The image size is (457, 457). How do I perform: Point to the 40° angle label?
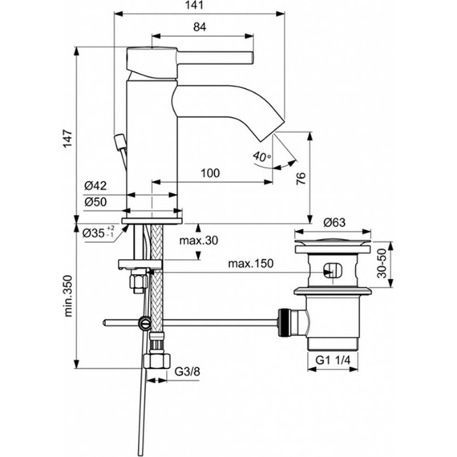click(x=261, y=155)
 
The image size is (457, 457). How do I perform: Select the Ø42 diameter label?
click(x=95, y=186)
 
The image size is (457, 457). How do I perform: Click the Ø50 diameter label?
click(x=95, y=203)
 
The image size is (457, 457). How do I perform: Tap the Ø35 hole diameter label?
click(x=99, y=233)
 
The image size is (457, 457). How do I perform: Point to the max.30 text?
click(x=198, y=241)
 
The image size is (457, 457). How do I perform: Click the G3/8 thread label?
click(x=190, y=371)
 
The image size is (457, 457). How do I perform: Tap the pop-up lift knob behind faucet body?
click(x=120, y=145)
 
